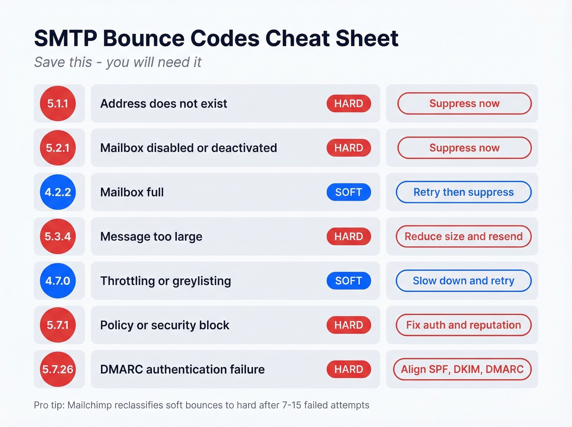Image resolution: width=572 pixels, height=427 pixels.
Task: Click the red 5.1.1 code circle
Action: (x=58, y=103)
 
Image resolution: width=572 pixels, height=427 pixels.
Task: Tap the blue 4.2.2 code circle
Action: (x=58, y=192)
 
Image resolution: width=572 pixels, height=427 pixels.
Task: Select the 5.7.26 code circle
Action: (x=58, y=369)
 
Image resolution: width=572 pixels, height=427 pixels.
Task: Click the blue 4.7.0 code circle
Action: (x=58, y=281)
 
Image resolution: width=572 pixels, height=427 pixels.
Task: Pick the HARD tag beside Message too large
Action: (x=349, y=237)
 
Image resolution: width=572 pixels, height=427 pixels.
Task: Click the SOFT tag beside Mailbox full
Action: (x=349, y=192)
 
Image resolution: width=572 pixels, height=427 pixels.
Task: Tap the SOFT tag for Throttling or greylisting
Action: (x=349, y=281)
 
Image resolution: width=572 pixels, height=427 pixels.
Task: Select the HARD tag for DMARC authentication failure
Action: (x=349, y=369)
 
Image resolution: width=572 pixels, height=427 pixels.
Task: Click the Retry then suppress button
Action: (x=463, y=192)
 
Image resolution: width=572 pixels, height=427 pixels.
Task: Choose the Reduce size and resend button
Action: (x=463, y=237)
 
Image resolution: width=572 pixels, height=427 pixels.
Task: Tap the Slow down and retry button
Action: (x=463, y=281)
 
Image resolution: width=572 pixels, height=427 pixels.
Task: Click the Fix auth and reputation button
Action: (x=463, y=325)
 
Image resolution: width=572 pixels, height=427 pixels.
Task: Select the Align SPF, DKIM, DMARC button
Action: (x=462, y=369)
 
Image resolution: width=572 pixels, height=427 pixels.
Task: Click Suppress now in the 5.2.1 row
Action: (x=464, y=148)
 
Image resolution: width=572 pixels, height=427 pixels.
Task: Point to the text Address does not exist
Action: (x=163, y=104)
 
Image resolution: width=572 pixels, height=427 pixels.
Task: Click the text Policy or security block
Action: (x=165, y=325)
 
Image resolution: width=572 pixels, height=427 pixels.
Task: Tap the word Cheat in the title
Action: (x=297, y=38)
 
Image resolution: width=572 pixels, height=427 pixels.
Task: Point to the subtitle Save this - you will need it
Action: (x=118, y=62)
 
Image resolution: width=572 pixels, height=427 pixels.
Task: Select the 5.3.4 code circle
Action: (x=58, y=237)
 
